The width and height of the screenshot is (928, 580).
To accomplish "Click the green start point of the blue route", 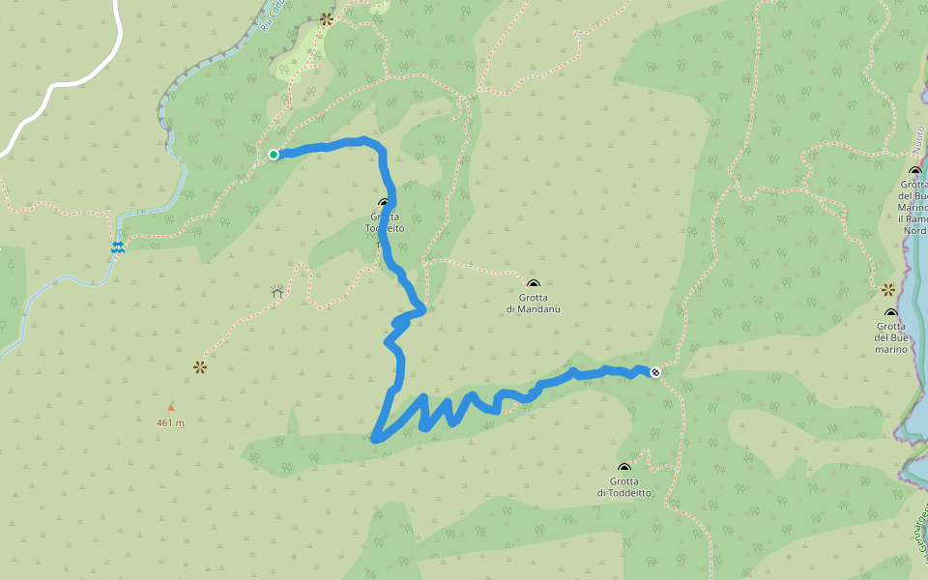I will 274,154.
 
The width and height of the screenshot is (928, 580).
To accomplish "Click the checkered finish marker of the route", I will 655,372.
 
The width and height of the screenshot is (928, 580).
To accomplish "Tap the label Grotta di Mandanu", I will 533,304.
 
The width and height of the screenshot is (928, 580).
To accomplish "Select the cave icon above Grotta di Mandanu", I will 533,284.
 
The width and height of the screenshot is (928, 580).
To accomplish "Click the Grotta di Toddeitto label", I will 624,487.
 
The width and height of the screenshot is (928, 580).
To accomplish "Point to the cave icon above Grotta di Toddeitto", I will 624,468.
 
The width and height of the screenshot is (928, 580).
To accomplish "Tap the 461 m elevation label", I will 170,422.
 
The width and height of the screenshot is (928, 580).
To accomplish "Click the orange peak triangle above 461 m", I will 171,407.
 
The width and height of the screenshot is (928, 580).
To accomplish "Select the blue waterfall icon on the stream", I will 117,247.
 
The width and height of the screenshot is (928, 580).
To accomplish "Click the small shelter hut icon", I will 276,290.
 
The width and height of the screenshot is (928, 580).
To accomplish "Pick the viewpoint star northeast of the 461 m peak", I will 200,366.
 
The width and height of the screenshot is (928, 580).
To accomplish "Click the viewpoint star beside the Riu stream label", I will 326,18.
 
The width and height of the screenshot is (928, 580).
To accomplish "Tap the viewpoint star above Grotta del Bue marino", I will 887,289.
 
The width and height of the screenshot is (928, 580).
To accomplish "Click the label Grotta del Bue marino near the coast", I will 891,337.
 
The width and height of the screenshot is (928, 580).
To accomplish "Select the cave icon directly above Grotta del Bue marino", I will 891,313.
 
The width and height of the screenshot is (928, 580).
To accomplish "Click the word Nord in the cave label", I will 915,230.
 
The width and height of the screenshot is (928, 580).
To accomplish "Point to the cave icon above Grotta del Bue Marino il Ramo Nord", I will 915,171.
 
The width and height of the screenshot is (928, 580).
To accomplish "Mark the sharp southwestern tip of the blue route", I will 375,439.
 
